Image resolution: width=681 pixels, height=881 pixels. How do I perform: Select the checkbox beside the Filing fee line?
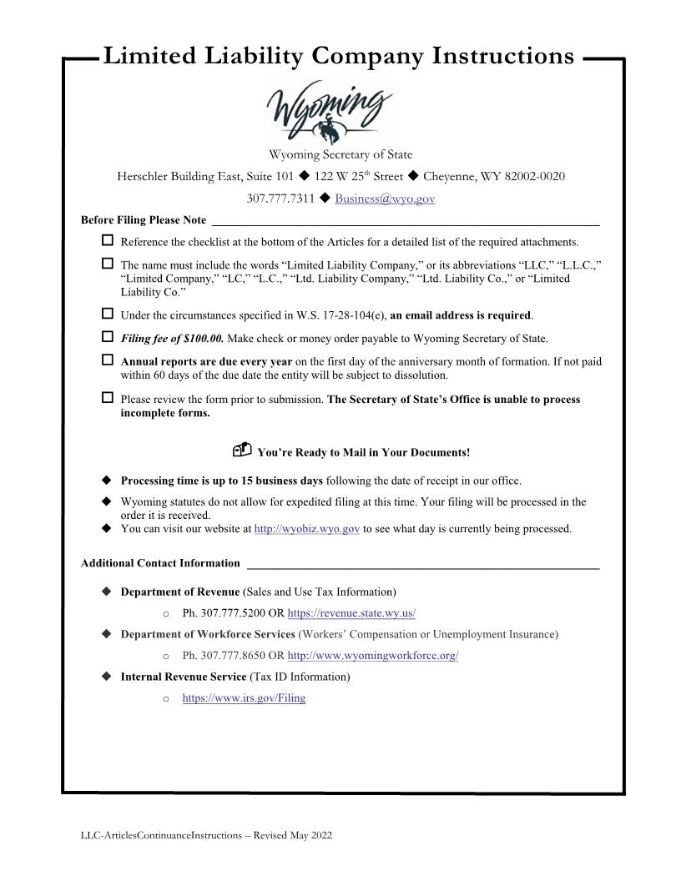107,337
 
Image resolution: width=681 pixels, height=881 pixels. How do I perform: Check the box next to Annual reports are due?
107,360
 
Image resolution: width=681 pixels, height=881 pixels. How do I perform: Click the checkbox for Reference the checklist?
107,240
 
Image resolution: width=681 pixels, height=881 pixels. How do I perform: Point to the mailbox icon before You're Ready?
241,451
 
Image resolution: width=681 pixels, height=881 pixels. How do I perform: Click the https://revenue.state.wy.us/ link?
351,613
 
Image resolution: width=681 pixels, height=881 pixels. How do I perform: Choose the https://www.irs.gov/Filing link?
244,698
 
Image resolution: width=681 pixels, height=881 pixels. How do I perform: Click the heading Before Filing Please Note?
144,220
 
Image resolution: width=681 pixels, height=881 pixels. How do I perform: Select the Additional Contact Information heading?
160,563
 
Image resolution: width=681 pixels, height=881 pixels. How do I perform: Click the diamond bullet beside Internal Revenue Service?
106,677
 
